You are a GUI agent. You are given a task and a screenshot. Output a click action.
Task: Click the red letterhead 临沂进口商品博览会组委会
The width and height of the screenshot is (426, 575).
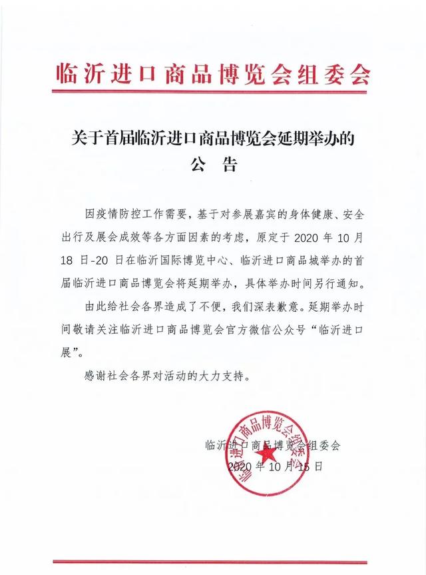212,73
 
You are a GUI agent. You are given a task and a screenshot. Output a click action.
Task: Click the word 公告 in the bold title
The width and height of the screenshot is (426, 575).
212,165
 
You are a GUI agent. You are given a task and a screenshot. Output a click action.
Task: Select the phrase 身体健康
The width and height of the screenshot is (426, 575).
316,215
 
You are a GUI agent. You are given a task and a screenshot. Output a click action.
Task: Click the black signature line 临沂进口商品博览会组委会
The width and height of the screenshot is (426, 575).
273,446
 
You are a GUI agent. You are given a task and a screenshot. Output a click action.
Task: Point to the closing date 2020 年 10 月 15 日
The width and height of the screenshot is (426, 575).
274,466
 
